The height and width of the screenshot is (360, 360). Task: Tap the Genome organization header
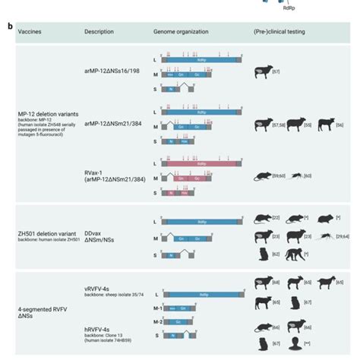click(178, 32)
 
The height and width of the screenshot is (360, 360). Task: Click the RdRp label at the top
click(289, 11)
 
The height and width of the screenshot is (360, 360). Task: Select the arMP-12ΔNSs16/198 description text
click(110, 74)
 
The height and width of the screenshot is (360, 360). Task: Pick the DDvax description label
click(94, 233)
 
